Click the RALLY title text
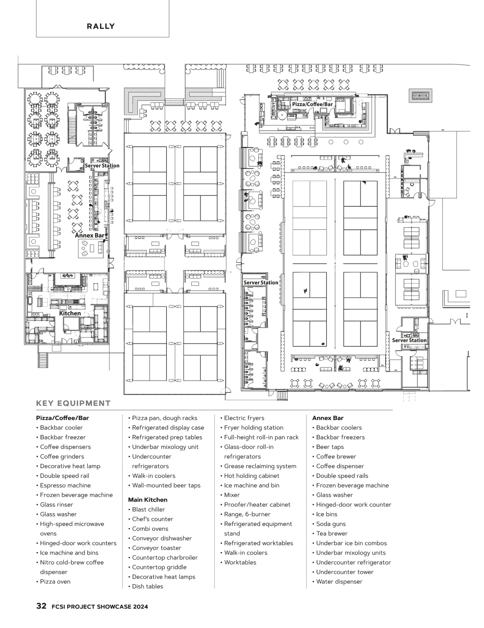(101, 27)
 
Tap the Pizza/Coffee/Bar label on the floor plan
(313, 104)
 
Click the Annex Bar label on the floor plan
(90, 235)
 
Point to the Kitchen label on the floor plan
(70, 313)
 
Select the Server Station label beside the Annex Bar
(102, 166)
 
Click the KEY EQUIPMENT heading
(73, 403)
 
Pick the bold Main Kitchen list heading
(148, 500)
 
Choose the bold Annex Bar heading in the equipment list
(328, 418)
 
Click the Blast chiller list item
(148, 509)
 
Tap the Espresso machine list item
(65, 485)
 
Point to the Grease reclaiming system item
(260, 466)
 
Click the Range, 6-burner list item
(247, 514)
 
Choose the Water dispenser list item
(339, 582)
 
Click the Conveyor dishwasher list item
(162, 539)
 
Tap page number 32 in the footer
(41, 606)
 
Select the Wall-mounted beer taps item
(166, 485)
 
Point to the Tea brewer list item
(332, 534)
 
